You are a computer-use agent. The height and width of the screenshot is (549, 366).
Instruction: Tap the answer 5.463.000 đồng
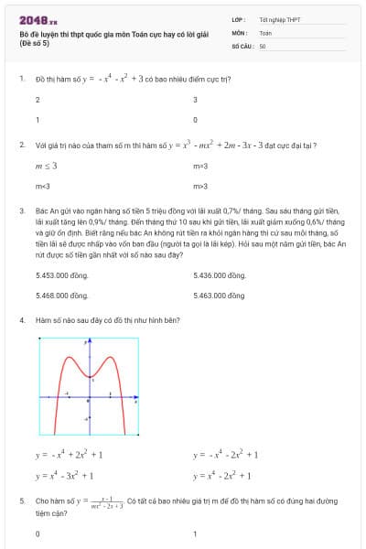(220, 296)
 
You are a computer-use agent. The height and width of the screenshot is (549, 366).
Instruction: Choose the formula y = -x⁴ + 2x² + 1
(70, 454)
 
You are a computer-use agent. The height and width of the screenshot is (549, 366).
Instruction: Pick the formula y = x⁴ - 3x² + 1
(65, 476)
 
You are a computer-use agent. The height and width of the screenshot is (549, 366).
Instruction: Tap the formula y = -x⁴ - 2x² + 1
(225, 454)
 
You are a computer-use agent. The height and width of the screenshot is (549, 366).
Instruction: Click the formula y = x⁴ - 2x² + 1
(222, 476)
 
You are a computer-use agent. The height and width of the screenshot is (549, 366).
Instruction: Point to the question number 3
(21, 210)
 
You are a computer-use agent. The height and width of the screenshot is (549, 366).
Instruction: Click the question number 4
(21, 320)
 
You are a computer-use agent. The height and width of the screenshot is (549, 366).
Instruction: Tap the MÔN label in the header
(239, 32)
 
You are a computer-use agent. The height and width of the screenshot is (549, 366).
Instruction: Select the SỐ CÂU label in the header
(242, 45)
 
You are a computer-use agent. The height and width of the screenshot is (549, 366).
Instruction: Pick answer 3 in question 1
(196, 100)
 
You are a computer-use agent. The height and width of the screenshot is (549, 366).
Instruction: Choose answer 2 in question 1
(38, 100)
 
